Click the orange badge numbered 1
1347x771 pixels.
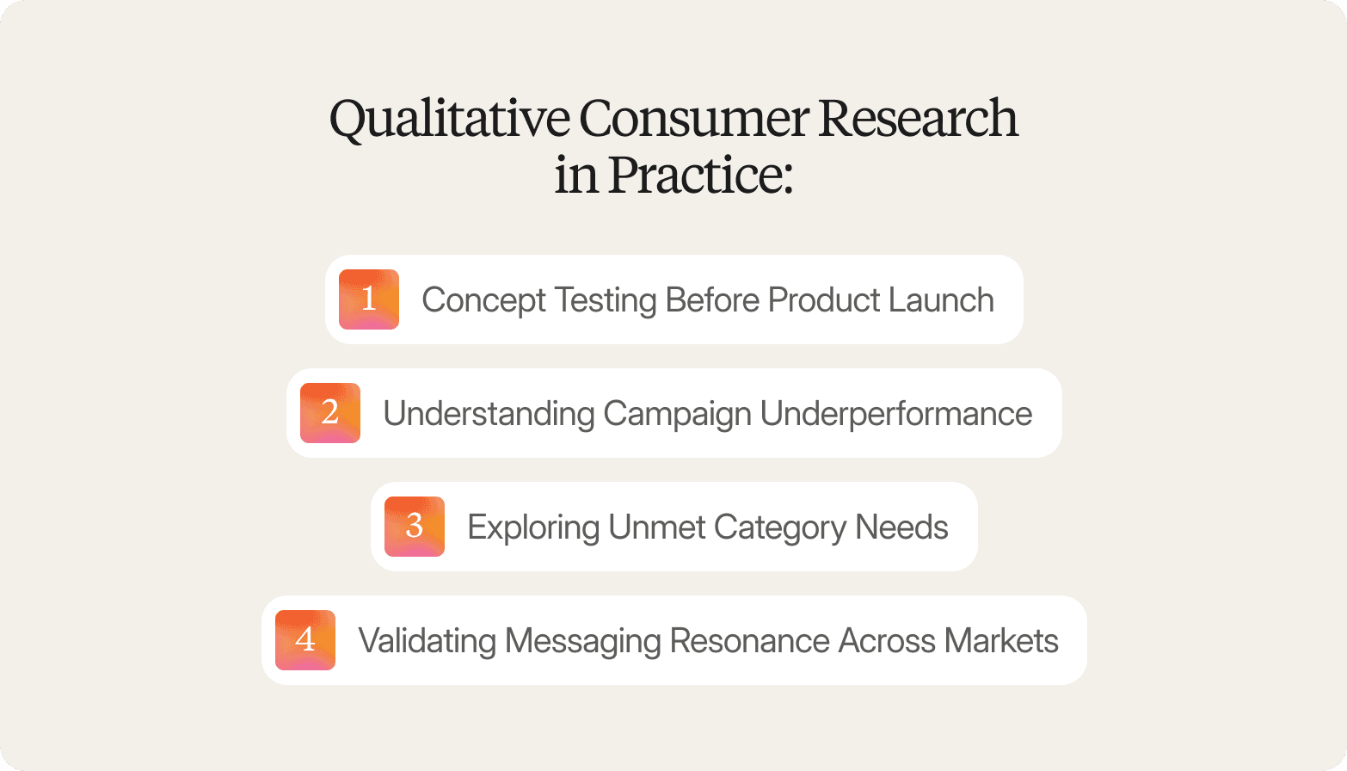pyautogui.click(x=369, y=299)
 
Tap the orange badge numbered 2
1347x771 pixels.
pyautogui.click(x=330, y=413)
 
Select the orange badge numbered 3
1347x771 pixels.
pyautogui.click(x=415, y=527)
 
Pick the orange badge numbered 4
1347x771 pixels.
pyautogui.click(x=305, y=640)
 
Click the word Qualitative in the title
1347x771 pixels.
pyautogui.click(x=449, y=119)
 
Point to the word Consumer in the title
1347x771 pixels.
pyautogui.click(x=693, y=119)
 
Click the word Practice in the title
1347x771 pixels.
pyautogui.click(x=698, y=176)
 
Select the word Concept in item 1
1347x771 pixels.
pyautogui.click(x=483, y=300)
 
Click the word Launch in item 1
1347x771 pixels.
pyautogui.click(x=941, y=300)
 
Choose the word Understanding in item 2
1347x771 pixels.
pyautogui.click(x=489, y=414)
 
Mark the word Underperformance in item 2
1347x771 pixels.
pyautogui.click(x=895, y=414)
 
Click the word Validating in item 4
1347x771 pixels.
pyautogui.click(x=427, y=641)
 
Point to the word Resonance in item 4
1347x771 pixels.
pyautogui.click(x=749, y=641)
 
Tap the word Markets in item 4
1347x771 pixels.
pyautogui.click(x=1000, y=641)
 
